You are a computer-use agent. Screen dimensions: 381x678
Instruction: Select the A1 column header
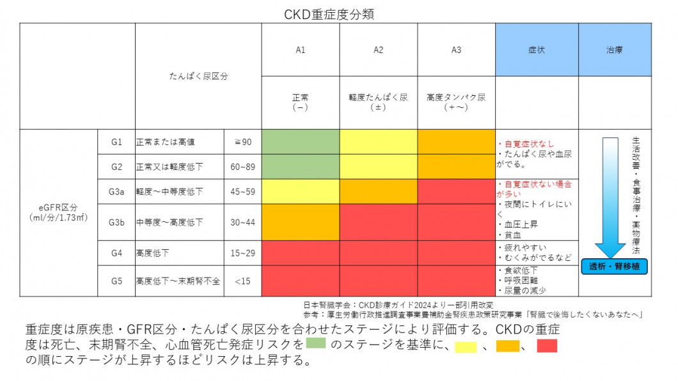coord(300,50)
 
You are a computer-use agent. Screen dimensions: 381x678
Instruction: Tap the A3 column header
coord(455,50)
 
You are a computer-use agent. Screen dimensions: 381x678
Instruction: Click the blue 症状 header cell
coord(537,50)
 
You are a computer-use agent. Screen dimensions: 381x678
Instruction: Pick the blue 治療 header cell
coord(615,50)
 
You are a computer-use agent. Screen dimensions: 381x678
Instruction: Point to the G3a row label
coord(116,191)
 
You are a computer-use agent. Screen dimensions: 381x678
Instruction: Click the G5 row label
coord(116,281)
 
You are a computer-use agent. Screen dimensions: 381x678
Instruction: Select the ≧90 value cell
coord(242,142)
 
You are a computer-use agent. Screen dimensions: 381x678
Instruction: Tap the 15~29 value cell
coord(242,253)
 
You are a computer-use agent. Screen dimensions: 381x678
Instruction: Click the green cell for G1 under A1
coord(300,142)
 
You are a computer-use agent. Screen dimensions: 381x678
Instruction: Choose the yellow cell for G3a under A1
coord(300,191)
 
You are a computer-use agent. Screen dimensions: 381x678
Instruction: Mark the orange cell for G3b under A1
coord(300,222)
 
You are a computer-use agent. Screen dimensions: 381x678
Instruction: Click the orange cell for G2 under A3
coord(455,166)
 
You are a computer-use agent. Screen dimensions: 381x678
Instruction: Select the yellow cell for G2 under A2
coord(378,166)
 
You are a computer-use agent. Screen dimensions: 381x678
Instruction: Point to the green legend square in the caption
coord(316,344)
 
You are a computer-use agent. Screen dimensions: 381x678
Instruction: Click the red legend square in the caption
coord(547,346)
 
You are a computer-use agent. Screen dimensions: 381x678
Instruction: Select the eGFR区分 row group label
coord(58,212)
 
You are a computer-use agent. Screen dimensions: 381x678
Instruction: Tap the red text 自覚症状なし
coord(529,144)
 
